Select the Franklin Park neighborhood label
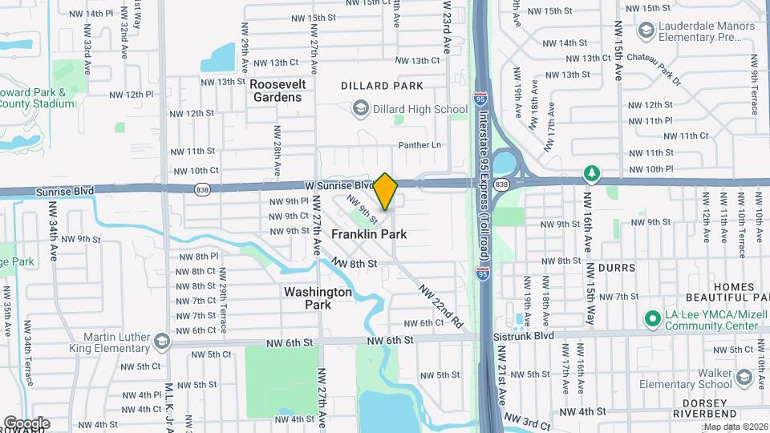(369, 234)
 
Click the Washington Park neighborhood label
(318, 298)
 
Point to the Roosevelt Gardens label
(275, 90)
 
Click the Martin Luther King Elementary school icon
(163, 342)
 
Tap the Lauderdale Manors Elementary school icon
(645, 30)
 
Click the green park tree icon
(591, 172)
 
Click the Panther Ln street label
(420, 145)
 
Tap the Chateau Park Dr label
(653, 70)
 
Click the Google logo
(26, 423)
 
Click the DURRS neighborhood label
(616, 268)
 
